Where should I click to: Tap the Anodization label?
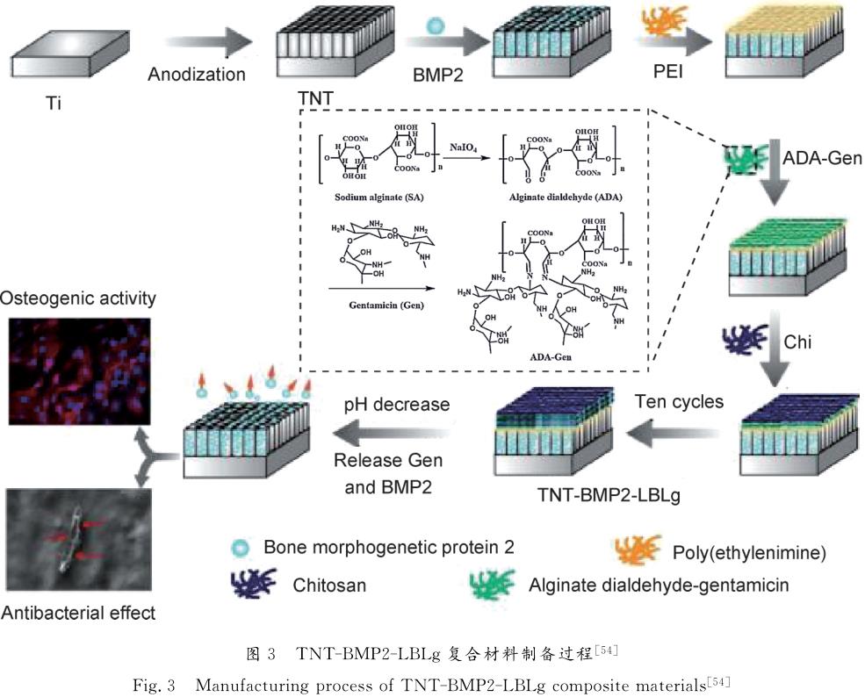point(197,74)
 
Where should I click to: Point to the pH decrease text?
point(396,405)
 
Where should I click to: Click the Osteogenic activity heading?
point(78,298)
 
